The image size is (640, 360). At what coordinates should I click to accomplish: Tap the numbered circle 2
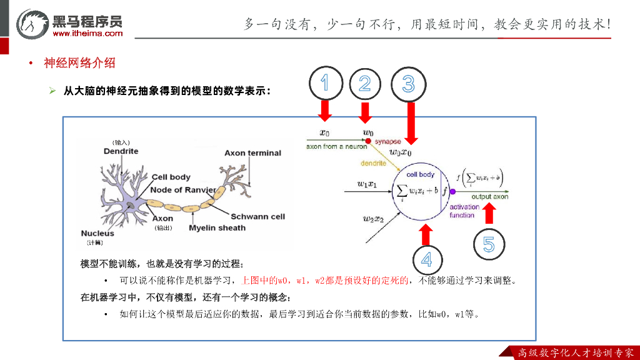coord(366,84)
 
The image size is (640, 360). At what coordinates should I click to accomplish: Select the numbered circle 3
coord(408,84)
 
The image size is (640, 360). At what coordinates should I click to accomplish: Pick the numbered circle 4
coord(426,260)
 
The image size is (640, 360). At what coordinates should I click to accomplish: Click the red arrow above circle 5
coord(489,214)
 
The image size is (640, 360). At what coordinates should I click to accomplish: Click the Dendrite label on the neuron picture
coord(121,151)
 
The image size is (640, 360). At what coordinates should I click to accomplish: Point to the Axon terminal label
coord(252,153)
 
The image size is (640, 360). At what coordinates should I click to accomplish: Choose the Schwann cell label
coord(257,217)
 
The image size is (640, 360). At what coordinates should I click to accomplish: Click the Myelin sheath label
coord(217,228)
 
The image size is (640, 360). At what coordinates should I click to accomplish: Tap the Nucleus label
coord(97,234)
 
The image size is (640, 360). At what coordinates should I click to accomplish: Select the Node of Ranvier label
coord(183,190)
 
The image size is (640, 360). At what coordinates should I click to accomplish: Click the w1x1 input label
coord(367,184)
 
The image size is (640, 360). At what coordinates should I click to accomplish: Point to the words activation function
coord(463,211)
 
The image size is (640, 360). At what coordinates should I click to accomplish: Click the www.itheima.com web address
coord(88,33)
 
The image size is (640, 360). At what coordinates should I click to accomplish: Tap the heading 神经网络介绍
coord(79,63)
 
